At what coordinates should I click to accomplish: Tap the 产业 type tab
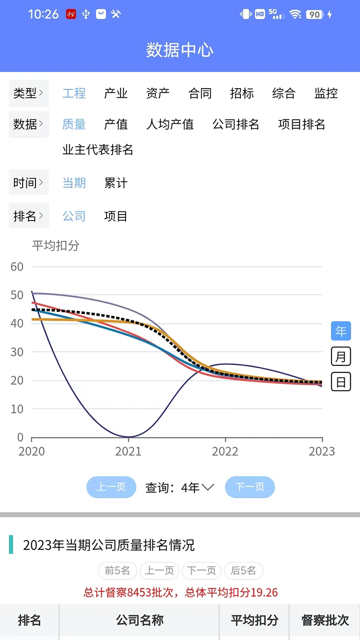click(116, 93)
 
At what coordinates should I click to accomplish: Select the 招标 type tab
click(242, 93)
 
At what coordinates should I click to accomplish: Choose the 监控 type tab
click(326, 93)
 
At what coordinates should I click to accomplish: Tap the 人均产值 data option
click(170, 124)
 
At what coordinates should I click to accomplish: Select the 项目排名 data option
click(301, 124)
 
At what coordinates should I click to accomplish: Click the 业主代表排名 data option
click(98, 150)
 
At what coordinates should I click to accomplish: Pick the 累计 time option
click(116, 183)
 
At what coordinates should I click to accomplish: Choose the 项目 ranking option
click(116, 216)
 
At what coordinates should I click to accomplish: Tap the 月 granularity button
click(341, 357)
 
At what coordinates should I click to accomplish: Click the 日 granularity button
click(341, 382)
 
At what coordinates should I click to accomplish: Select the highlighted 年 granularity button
click(341, 331)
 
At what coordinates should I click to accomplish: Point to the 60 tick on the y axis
click(17, 267)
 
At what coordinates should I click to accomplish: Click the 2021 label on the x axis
click(128, 451)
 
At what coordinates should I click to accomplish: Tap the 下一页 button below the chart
click(250, 487)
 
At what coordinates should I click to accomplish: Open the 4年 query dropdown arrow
click(208, 487)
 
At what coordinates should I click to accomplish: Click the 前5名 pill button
click(117, 571)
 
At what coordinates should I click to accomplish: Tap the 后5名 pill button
click(243, 571)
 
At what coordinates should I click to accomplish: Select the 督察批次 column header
click(325, 620)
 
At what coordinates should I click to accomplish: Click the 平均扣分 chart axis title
click(55, 245)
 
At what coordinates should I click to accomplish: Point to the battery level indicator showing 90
click(314, 14)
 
